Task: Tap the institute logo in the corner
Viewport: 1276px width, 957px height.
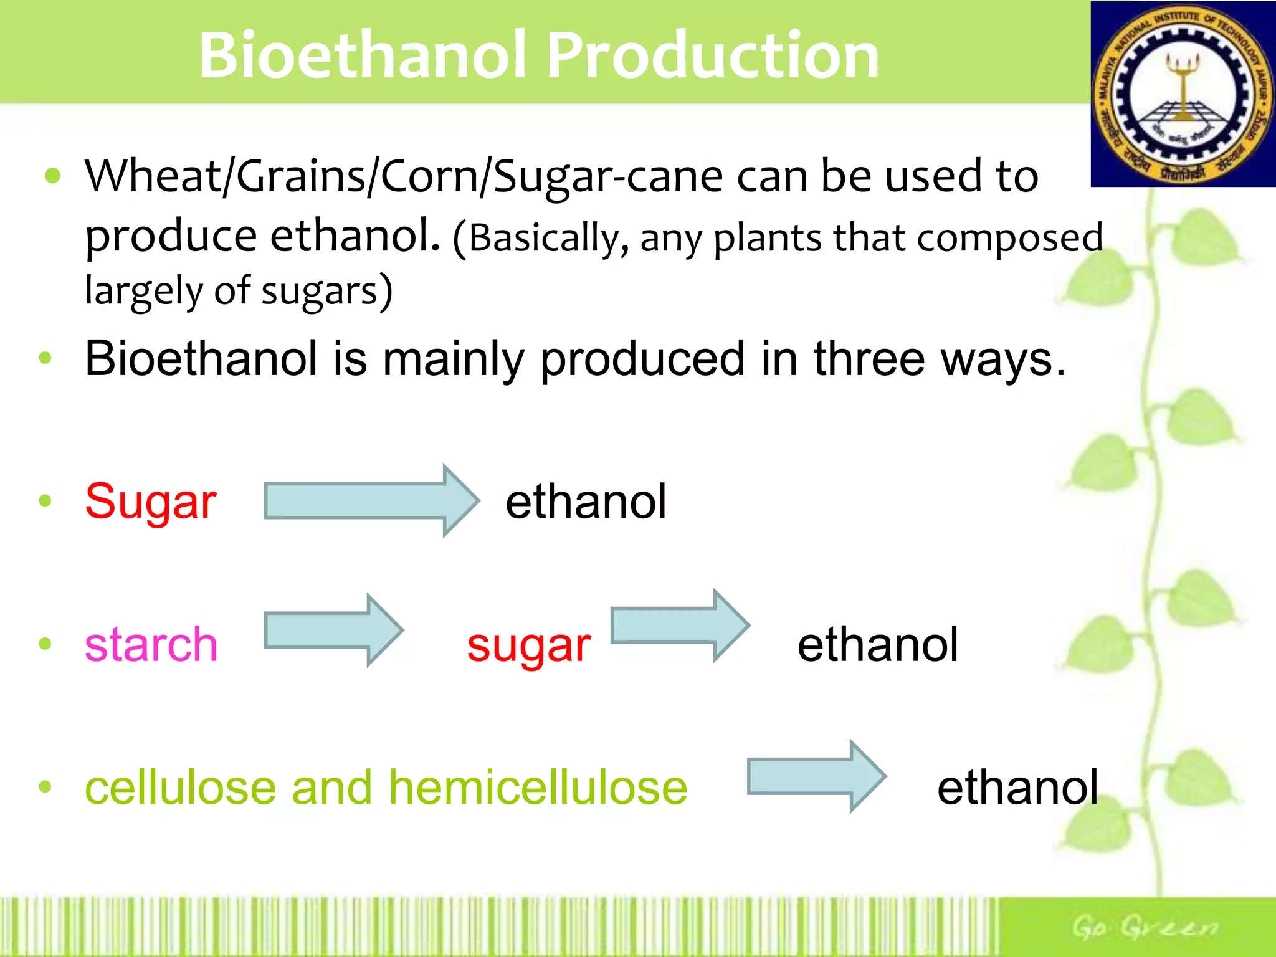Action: coord(1183,94)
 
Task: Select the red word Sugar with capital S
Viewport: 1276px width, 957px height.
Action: coord(151,502)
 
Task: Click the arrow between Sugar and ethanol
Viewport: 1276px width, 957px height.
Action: coord(371,500)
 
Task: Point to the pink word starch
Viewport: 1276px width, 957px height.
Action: coord(151,644)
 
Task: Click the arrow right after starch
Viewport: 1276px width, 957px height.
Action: coord(333,630)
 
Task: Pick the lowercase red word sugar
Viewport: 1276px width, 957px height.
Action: coord(528,645)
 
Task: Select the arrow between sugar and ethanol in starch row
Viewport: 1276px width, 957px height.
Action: coord(679,625)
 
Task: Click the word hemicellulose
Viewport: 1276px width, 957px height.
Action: coord(538,788)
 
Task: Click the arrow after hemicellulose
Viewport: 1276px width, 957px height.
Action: coord(816,776)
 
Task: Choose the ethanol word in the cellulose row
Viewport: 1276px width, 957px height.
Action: coord(1017,788)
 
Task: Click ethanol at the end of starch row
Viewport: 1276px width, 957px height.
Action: coord(877,644)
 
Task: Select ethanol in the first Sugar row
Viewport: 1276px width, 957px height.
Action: coord(586,502)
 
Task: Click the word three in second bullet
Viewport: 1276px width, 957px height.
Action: coord(869,359)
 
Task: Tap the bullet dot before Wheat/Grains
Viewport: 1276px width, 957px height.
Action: coord(53,176)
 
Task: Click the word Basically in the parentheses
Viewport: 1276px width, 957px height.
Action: coord(542,238)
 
